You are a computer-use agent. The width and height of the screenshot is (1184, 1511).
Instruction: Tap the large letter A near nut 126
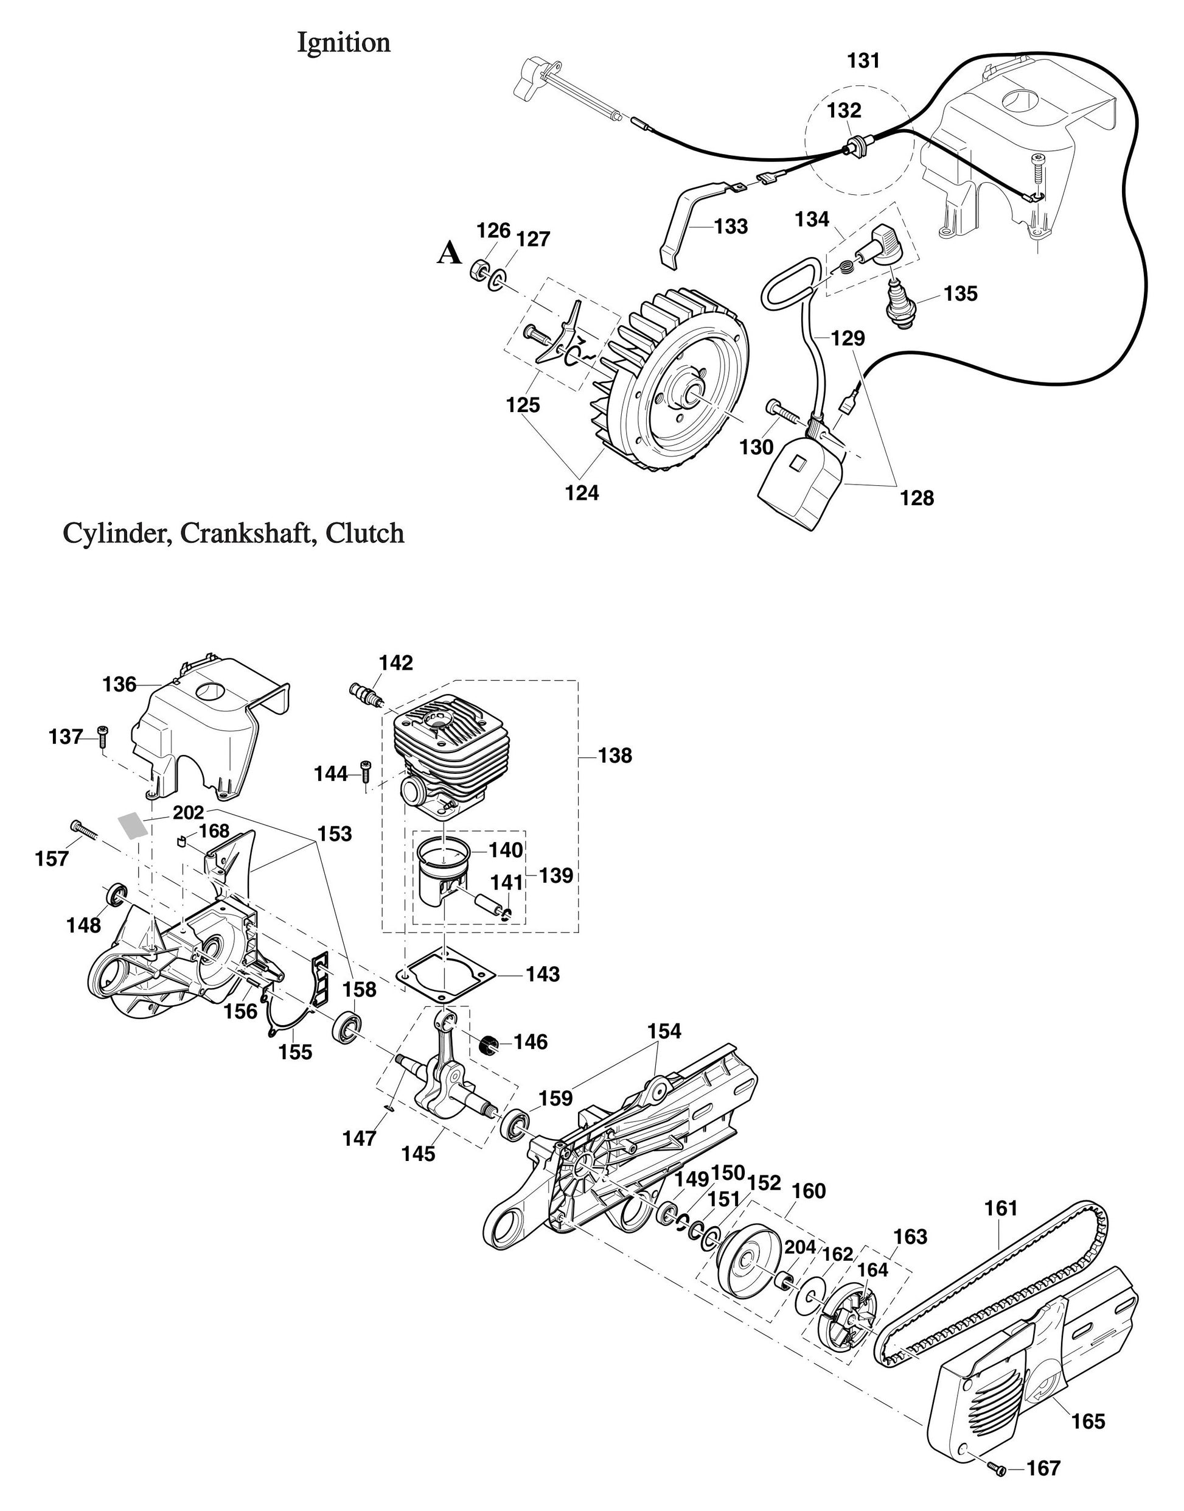point(449,254)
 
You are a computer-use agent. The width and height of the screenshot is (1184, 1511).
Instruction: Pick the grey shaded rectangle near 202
point(133,826)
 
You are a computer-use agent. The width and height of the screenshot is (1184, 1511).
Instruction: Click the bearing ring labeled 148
point(116,894)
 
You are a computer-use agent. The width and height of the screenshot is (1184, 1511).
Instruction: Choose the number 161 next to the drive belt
point(1001,1208)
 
